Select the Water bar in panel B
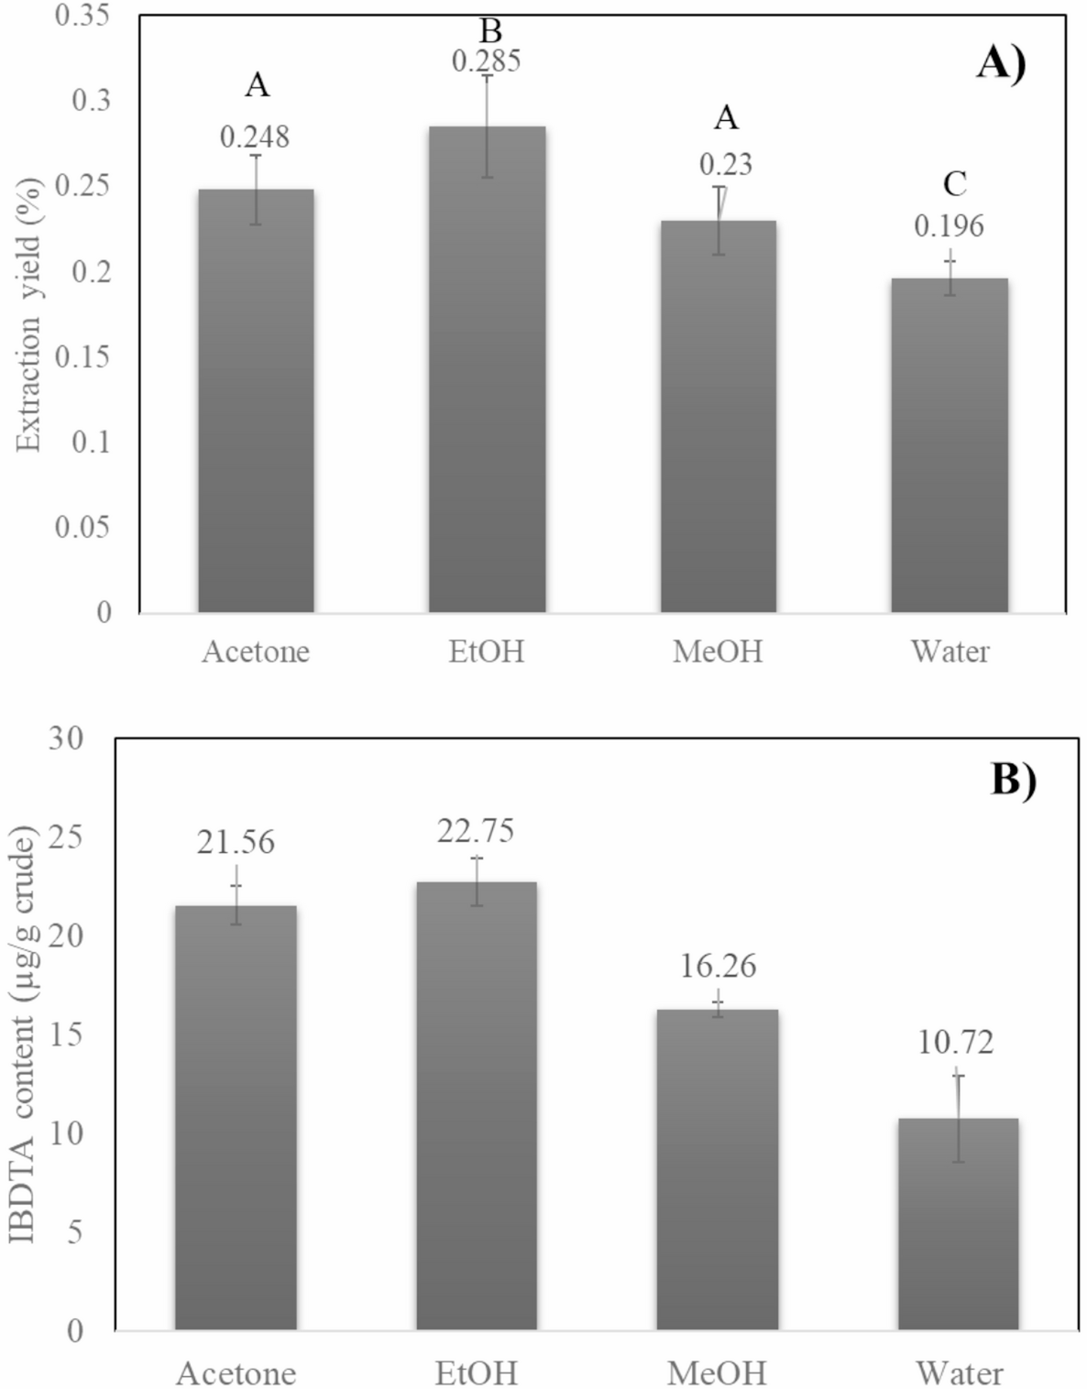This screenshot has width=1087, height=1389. pos(958,1228)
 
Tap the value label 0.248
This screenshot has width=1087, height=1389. pos(255,137)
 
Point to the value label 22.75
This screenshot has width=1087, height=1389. pos(475,831)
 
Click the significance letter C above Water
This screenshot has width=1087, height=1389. pos(954,185)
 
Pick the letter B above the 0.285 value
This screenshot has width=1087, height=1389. pos(490,32)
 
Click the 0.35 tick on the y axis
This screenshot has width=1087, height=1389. pos(82,16)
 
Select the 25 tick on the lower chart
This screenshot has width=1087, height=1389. pos(66,837)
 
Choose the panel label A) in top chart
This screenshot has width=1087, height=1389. pos(1000,64)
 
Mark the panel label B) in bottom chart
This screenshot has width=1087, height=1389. pos(1013,781)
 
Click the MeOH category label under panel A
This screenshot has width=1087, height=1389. pos(718,651)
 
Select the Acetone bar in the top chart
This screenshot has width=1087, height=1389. pos(256,403)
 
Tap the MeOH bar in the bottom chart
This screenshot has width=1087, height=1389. pos(719,1173)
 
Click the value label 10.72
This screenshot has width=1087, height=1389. pos(955,1043)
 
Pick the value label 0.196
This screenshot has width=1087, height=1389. pos(949,226)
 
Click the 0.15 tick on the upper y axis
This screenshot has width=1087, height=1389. pos(82,356)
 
